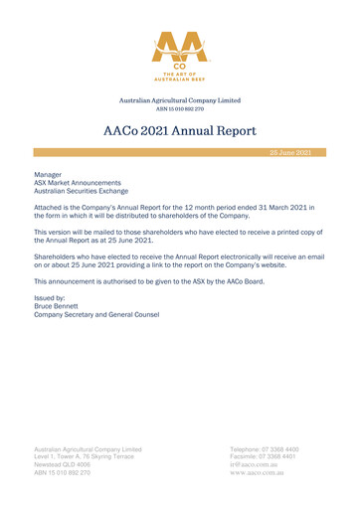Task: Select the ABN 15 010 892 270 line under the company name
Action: pos(179,107)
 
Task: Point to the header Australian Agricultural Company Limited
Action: pos(179,99)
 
